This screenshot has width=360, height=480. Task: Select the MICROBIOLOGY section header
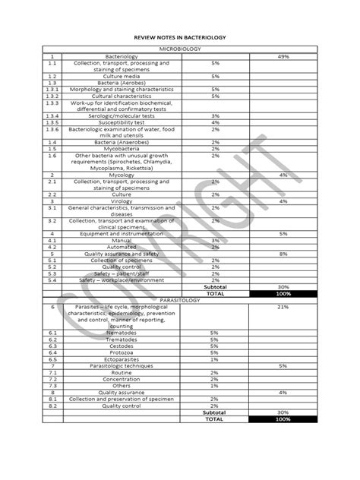(180, 49)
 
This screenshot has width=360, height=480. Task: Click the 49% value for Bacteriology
(283, 56)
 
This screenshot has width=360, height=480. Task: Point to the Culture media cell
(122, 77)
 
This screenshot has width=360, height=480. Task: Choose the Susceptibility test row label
(122, 122)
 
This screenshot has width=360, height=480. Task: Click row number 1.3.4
(52, 115)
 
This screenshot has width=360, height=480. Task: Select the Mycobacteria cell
(122, 149)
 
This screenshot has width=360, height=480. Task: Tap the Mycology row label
(122, 175)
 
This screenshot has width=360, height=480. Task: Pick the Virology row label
(122, 201)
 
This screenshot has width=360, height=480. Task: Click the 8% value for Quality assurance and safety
(283, 253)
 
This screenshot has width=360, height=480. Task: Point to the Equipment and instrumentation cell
(122, 233)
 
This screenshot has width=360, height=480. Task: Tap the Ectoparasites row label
(122, 358)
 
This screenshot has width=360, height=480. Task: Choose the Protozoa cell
(122, 352)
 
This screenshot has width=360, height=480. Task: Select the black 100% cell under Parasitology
(283, 418)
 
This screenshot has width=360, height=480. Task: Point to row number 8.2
(52, 405)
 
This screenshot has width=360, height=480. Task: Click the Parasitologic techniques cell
(122, 365)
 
